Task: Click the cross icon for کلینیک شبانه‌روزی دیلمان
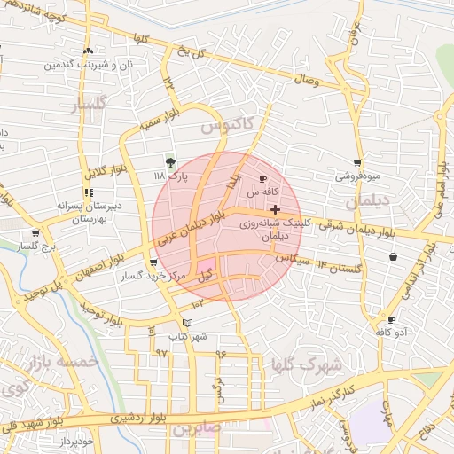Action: coord(276,210)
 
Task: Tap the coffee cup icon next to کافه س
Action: coord(262,179)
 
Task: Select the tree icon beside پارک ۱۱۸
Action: coord(170,162)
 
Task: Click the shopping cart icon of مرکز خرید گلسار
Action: coord(154,262)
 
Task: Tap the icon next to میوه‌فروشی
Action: coord(357,163)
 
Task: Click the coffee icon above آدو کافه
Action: coord(392,319)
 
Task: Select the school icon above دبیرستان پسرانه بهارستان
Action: coord(88,192)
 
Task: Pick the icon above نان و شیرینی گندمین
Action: coord(88,51)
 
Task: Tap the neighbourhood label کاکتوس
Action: coord(226,126)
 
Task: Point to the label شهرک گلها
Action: coord(309,364)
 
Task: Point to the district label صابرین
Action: coord(194,429)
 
